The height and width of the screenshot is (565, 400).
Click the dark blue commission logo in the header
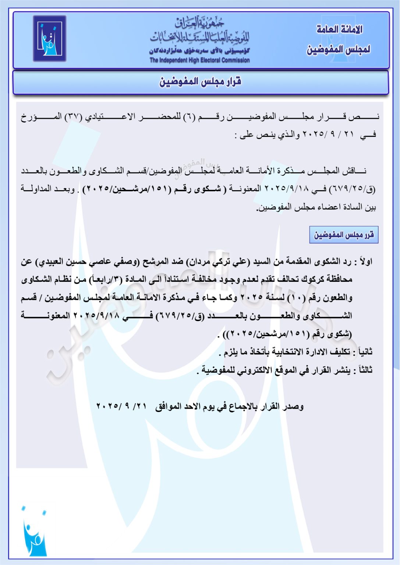tap(49, 38)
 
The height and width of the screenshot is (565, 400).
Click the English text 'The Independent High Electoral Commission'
tap(199, 60)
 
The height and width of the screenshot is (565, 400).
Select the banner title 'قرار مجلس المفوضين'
tap(200, 82)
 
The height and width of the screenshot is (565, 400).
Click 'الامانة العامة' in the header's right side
tap(339, 29)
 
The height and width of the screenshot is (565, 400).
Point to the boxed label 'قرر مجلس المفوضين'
tap(344, 235)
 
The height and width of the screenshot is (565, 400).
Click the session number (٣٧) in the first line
tap(74, 117)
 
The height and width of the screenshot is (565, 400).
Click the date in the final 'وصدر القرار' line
tap(122, 406)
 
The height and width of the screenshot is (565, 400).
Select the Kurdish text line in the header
tap(199, 51)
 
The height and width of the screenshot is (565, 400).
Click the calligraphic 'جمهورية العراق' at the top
tap(200, 23)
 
